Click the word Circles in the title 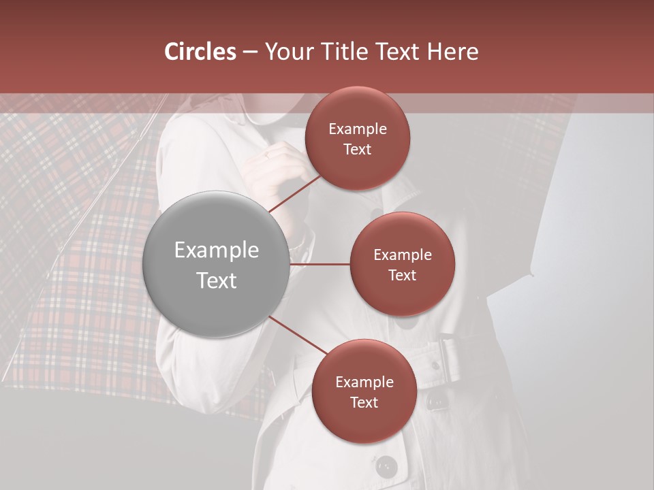coord(200,52)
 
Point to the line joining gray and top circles coord(294,194)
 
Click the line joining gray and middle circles coord(320,264)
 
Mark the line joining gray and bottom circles coord(298,336)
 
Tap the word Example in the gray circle coord(217,250)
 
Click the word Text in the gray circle coord(217,280)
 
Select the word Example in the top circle coord(358,129)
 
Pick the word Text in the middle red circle coord(402,275)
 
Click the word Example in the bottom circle coord(364,382)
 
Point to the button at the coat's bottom coord(386,467)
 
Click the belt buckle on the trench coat coord(452,357)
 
